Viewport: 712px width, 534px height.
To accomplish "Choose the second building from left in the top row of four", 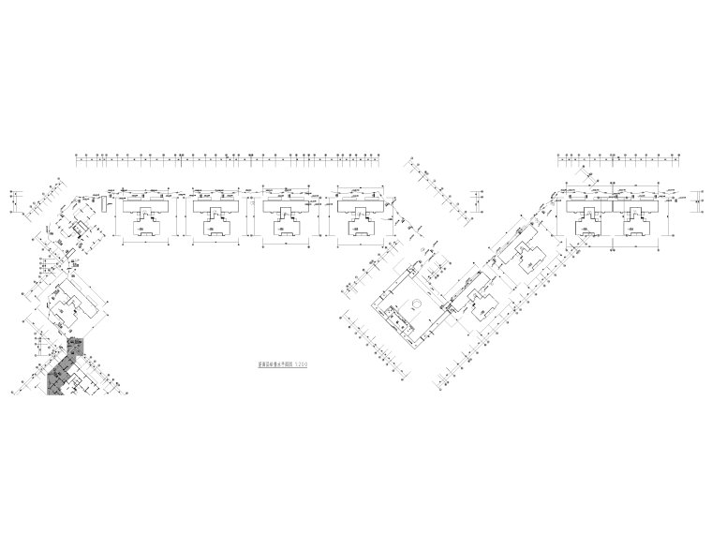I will tap(218, 215).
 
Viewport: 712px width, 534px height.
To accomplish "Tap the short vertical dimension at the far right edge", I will tap(700, 199).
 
